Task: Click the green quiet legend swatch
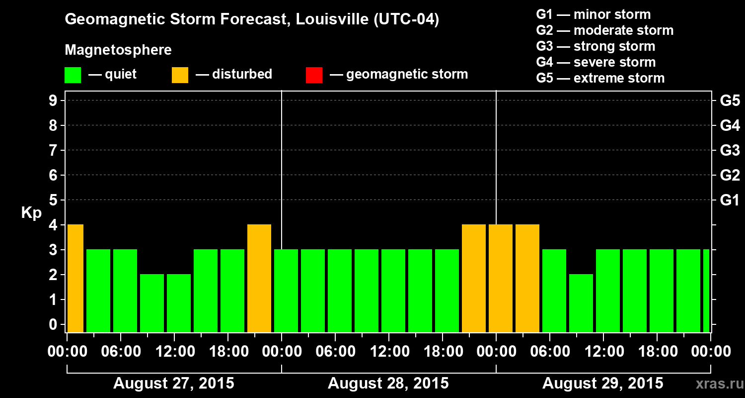(x=73, y=75)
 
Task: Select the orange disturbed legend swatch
(x=180, y=75)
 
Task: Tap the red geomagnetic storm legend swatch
(x=314, y=75)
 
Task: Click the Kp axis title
(x=31, y=213)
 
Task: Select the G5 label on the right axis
(x=730, y=101)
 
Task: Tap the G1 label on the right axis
(x=730, y=200)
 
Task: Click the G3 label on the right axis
(x=730, y=151)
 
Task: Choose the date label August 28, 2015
(x=388, y=384)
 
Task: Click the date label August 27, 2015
(x=174, y=384)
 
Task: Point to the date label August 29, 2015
(x=602, y=384)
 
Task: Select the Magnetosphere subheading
(x=118, y=50)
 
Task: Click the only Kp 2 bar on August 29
(x=581, y=303)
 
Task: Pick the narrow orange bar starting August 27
(x=75, y=278)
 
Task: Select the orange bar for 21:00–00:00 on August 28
(x=474, y=278)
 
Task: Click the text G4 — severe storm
(x=596, y=62)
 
